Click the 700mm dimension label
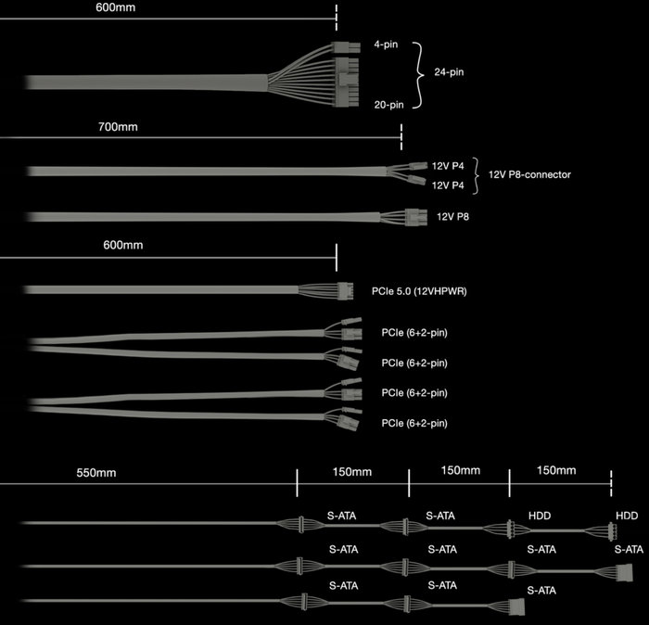coord(118,127)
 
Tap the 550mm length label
coord(96,473)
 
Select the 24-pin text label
coord(449,72)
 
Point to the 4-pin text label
coord(386,45)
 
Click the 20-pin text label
coord(388,105)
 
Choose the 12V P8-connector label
coord(529,174)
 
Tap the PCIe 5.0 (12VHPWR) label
coord(419,291)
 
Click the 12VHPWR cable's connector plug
coord(345,291)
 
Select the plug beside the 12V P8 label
coord(415,217)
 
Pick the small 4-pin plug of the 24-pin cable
coord(346,47)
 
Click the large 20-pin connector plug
coord(347,82)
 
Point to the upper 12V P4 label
coord(448,166)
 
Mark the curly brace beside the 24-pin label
coord(419,75)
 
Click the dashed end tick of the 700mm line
coord(401,136)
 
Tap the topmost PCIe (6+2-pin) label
coord(414,333)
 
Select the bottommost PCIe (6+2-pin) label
coord(414,424)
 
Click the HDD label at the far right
coord(627,516)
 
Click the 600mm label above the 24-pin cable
coord(116,7)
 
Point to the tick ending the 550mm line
coord(298,482)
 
